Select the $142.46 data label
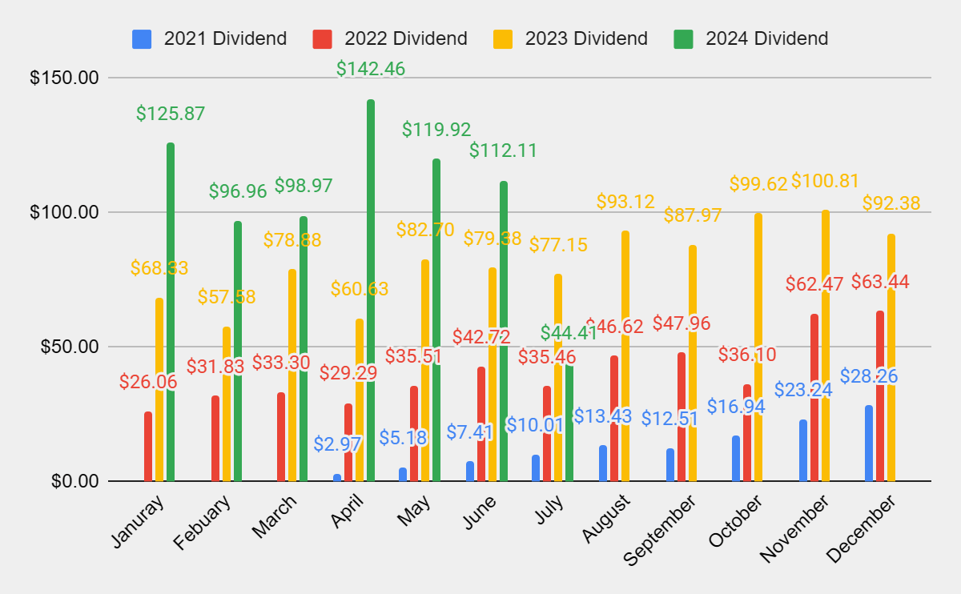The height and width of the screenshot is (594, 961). pos(371,69)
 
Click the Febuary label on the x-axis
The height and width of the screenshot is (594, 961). pos(202,524)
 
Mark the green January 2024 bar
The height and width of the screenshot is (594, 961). pos(171,312)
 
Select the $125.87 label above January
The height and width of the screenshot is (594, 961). pos(171,114)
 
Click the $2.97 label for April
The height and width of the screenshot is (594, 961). pos(337,443)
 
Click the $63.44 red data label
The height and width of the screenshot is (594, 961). pos(880,282)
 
